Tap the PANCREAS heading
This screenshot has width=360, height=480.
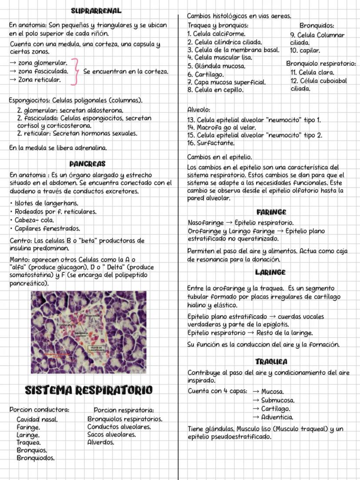(x=87, y=164)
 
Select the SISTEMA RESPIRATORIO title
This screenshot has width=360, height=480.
(x=89, y=390)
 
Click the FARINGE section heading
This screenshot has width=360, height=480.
(x=271, y=212)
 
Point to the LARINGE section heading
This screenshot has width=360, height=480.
(x=270, y=272)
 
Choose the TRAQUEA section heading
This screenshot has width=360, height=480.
(x=271, y=362)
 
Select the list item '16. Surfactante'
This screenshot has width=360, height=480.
(x=210, y=143)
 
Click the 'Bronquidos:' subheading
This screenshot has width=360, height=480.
(x=317, y=26)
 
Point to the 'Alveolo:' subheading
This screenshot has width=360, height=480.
(x=199, y=110)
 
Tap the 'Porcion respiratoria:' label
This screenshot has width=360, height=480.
(x=124, y=410)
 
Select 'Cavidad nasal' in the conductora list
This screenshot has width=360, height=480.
(x=37, y=420)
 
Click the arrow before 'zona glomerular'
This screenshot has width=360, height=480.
(x=13, y=64)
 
